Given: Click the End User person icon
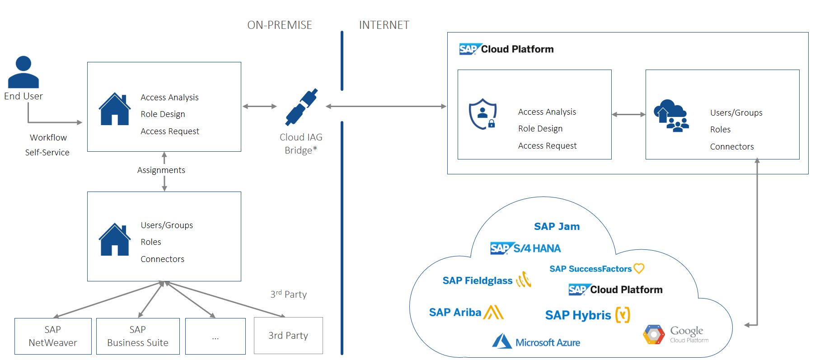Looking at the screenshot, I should click(23, 72).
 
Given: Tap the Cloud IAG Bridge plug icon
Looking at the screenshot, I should click(301, 107).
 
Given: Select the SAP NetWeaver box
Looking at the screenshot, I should click(53, 336).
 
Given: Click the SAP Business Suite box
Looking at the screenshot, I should click(138, 336).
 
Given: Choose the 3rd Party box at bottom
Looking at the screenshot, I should click(288, 335).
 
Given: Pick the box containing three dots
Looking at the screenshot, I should click(215, 336).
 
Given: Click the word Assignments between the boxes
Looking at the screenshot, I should click(161, 170).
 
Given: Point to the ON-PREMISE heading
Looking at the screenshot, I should click(279, 25).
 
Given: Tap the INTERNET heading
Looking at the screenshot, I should click(384, 25).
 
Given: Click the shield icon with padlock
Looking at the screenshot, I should click(483, 114).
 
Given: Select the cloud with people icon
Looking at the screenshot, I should click(671, 116).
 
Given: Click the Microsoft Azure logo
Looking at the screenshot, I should click(536, 341).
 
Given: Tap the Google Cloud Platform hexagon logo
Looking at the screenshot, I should click(654, 334).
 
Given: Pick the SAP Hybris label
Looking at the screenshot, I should click(578, 315).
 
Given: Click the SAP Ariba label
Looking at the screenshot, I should click(455, 312).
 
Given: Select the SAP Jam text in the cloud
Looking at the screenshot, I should click(557, 226).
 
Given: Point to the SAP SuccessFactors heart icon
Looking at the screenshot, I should click(639, 268).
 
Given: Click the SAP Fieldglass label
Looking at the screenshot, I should click(478, 281).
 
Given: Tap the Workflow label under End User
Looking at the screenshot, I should click(48, 137).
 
